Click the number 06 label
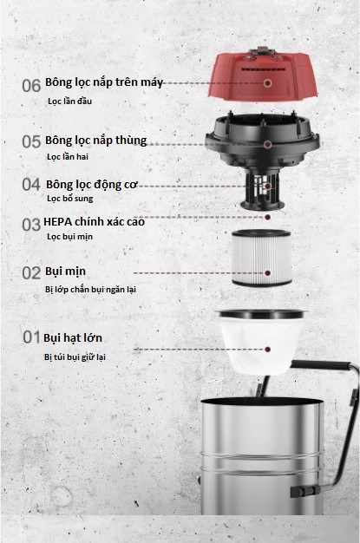click(x=31, y=86)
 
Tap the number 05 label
click(x=31, y=141)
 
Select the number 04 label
click(x=31, y=184)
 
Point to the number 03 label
click(x=31, y=225)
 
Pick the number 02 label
click(x=31, y=273)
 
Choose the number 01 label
click(x=31, y=337)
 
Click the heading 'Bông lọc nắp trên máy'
click(x=104, y=82)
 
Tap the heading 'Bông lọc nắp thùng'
click(x=96, y=141)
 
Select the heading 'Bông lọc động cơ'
click(x=92, y=185)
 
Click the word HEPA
click(x=57, y=222)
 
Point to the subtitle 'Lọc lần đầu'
click(x=69, y=101)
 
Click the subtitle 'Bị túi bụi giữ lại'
click(x=75, y=357)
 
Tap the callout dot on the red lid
click(x=267, y=83)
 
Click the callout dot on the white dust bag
click(x=267, y=350)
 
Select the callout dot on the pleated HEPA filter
click(x=267, y=273)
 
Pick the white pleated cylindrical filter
click(x=262, y=258)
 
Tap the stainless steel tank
click(x=262, y=456)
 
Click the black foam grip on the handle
click(x=321, y=364)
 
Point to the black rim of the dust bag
click(x=262, y=315)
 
